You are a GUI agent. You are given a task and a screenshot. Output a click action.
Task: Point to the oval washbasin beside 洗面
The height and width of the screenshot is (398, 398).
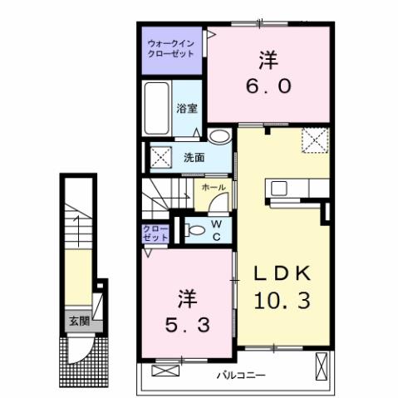(x=219, y=138)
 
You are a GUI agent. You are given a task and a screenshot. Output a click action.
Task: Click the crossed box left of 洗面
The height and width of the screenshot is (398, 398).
(x=160, y=155)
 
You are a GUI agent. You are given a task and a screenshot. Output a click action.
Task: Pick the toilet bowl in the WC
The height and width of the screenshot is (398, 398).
(x=196, y=230)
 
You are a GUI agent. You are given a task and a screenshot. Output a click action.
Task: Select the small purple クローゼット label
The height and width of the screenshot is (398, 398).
(x=155, y=233)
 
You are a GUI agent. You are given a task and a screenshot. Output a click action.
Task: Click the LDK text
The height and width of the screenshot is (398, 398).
(x=282, y=273)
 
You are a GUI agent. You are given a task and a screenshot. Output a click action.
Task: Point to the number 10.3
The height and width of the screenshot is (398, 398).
(x=282, y=301)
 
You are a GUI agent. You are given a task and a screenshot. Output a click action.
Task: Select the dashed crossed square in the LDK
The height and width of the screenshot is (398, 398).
(x=315, y=140)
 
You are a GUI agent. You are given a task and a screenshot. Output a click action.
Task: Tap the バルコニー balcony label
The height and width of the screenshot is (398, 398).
(x=241, y=376)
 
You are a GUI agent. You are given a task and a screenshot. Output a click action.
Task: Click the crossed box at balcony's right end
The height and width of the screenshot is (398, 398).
(x=322, y=365)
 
